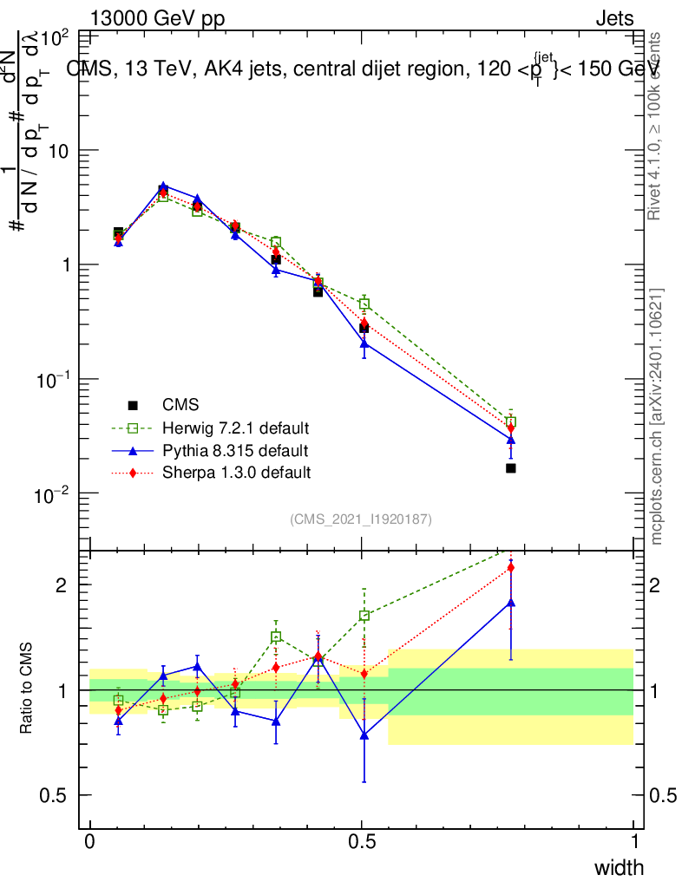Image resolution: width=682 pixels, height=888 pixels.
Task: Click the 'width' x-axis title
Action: (x=619, y=867)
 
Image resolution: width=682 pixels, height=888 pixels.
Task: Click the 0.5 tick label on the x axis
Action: (x=362, y=842)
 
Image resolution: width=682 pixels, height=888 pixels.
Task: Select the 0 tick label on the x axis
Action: (x=90, y=842)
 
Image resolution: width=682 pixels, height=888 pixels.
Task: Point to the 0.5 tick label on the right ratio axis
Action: (x=663, y=796)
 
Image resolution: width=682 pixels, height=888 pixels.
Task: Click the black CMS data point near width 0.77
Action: (x=511, y=468)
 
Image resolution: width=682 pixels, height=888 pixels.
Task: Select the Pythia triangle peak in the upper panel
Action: (x=163, y=186)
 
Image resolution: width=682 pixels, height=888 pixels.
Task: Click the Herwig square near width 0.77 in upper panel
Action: (x=511, y=421)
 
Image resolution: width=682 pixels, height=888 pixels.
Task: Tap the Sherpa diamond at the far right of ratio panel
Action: (x=511, y=568)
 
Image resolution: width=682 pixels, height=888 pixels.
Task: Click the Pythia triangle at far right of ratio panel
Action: (x=511, y=602)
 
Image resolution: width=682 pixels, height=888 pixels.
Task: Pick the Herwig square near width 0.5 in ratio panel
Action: (x=364, y=616)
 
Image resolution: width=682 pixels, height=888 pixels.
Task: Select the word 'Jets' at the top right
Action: (x=614, y=18)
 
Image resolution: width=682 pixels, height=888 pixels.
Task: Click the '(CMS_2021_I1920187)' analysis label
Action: (x=361, y=519)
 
